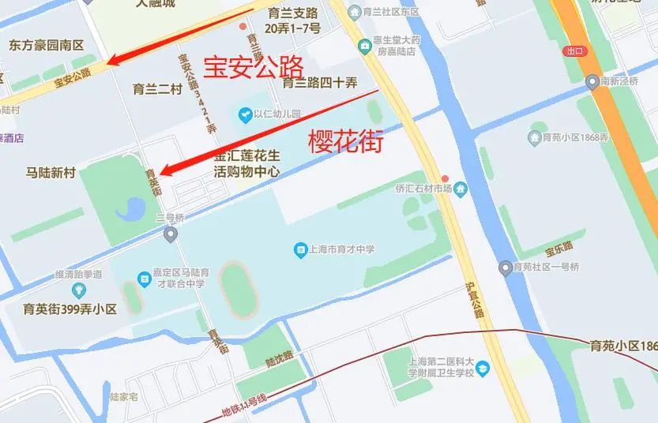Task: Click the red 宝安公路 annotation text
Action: pyautogui.click(x=254, y=66)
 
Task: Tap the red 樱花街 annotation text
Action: pyautogui.click(x=345, y=142)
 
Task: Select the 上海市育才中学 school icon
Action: pyautogui.click(x=300, y=250)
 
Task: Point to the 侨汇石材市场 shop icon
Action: pyautogui.click(x=461, y=188)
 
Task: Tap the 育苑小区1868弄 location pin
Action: pyautogui.click(x=533, y=137)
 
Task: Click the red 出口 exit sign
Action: pyautogui.click(x=575, y=51)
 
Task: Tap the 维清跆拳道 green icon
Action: pyautogui.click(x=79, y=289)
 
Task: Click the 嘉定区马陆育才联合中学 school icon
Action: pyautogui.click(x=144, y=278)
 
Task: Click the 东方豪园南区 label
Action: pyautogui.click(x=47, y=46)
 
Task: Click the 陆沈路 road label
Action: pyautogui.click(x=279, y=362)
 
